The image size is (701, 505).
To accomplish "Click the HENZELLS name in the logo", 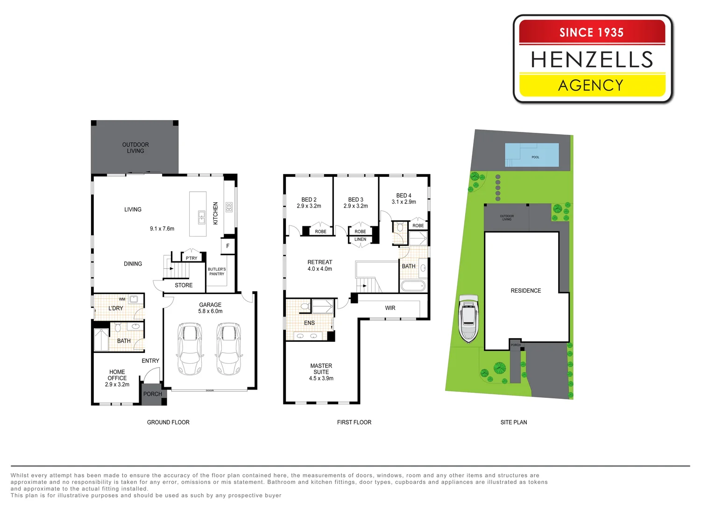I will click(x=592, y=59).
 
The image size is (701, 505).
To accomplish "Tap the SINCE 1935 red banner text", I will click(x=591, y=32).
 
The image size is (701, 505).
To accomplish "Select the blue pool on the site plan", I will click(x=532, y=155).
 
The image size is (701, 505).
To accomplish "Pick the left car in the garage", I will click(x=190, y=349).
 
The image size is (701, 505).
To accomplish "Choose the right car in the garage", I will click(x=229, y=349).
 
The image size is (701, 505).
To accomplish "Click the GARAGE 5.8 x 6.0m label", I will click(x=210, y=308).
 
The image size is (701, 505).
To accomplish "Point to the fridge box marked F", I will click(x=228, y=246).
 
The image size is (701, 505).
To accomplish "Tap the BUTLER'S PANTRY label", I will click(x=217, y=272).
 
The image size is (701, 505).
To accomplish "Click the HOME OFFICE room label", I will click(x=117, y=378).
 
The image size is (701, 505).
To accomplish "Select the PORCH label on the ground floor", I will click(x=153, y=394).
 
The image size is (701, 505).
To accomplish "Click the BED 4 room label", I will click(x=404, y=199).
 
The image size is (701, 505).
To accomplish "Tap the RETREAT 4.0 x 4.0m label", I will click(x=320, y=266).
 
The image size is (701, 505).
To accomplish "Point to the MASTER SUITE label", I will click(x=321, y=372).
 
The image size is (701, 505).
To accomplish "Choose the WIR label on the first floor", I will click(x=390, y=308).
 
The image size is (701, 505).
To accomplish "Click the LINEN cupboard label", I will click(x=360, y=239).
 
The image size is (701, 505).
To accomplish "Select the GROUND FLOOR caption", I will click(x=168, y=422).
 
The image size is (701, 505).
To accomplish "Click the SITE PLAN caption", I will click(x=514, y=422).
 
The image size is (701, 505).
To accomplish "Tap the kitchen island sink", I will click(x=202, y=217).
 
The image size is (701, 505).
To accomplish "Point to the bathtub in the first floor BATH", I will click(x=413, y=286).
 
